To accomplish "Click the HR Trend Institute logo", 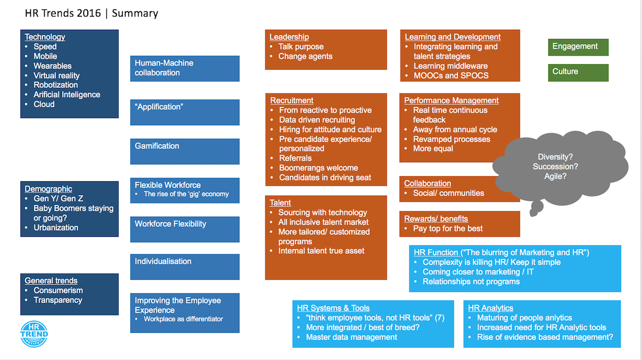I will click(34, 334).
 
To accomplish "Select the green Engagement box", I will click(578, 47).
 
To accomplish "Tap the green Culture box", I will click(578, 72).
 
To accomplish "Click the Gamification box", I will click(184, 151).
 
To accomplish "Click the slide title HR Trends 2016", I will click(64, 13).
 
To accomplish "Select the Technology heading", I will click(45, 37).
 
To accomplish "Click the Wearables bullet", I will click(52, 66).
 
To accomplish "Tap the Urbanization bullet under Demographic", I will click(56, 228).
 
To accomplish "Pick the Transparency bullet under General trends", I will click(58, 300).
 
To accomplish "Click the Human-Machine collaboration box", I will click(184, 68).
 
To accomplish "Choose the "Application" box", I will click(184, 112).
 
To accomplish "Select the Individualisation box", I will click(184, 267).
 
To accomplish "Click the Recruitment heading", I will click(292, 101).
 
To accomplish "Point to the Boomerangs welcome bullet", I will click(318, 168).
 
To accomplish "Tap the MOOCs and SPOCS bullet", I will click(451, 75).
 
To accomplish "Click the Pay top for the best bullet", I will click(448, 229).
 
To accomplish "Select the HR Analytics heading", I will click(490, 308).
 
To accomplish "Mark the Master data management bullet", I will click(351, 337).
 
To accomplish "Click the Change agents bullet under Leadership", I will click(305, 56).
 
